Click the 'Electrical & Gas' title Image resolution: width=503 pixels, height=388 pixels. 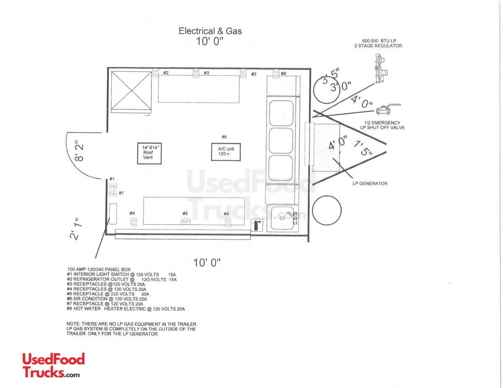(210, 31)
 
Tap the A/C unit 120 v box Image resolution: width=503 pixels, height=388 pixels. (226, 152)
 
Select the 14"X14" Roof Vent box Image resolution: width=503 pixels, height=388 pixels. (149, 153)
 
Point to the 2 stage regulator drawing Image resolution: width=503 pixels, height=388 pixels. (381, 69)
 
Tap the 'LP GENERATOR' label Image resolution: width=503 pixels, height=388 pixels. (370, 183)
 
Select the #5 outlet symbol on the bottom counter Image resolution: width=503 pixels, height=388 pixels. (185, 221)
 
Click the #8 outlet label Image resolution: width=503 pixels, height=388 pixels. (283, 74)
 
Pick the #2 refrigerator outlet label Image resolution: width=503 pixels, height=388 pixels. (166, 73)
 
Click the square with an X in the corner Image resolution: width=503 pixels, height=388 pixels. (131, 92)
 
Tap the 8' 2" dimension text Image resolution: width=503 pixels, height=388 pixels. (79, 152)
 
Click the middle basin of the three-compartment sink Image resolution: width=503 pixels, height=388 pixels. (280, 140)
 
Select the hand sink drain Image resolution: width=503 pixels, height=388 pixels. (282, 218)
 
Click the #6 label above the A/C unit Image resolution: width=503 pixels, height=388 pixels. (224, 137)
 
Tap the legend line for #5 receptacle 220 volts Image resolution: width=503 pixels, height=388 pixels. (108, 294)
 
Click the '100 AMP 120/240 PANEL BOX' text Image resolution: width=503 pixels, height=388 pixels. (99, 270)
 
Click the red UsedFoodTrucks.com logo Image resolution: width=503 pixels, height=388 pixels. (54, 365)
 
